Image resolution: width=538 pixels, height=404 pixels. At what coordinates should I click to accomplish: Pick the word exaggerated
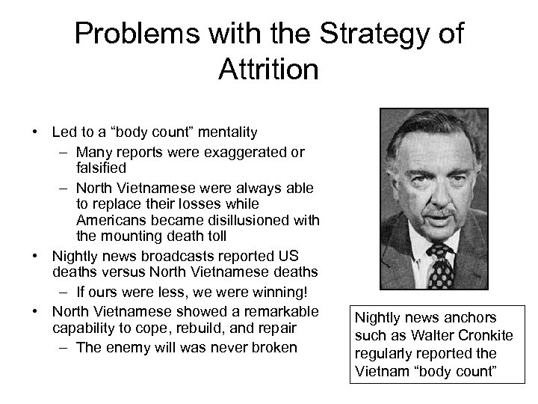tap(234, 153)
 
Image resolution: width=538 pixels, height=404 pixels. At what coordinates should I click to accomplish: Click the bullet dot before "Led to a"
tap(36, 133)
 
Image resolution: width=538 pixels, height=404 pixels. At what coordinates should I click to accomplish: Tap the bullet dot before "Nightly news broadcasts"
tap(36, 257)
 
